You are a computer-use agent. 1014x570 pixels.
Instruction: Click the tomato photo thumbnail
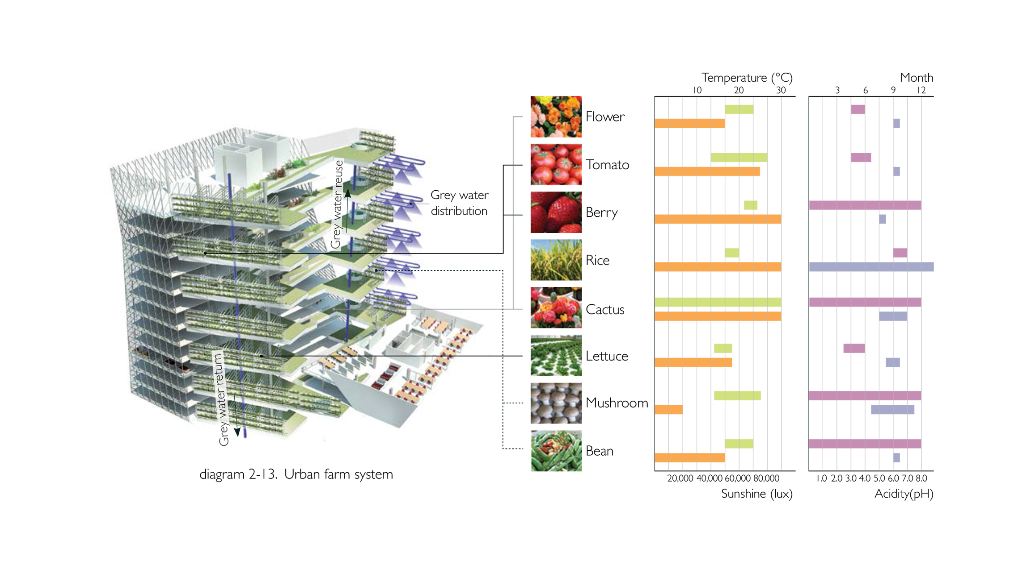556,164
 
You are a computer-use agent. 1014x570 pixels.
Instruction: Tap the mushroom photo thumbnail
556,403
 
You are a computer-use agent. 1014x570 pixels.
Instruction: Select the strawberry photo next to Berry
556,212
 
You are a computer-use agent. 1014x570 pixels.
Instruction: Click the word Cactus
605,309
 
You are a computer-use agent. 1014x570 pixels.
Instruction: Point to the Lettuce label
607,356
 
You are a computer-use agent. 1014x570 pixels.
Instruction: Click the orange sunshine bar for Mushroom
668,410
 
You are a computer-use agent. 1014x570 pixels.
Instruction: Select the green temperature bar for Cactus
718,302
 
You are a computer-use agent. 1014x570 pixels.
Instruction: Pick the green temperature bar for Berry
750,205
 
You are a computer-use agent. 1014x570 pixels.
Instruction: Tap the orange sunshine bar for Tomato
707,171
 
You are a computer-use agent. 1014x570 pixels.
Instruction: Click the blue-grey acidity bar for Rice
871,267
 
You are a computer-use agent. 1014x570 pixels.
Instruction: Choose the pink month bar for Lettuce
854,348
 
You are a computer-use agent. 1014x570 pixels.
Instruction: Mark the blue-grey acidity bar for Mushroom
892,410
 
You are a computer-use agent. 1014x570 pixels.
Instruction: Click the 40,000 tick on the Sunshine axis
709,478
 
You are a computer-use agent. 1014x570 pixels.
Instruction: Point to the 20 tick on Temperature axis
739,90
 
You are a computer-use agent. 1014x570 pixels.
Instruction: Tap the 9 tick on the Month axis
893,90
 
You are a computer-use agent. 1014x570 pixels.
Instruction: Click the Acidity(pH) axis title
904,494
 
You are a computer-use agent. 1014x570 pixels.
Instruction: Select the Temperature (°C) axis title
747,78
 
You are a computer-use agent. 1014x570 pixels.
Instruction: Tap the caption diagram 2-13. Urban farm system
296,474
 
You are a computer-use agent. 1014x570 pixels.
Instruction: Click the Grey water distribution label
459,203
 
